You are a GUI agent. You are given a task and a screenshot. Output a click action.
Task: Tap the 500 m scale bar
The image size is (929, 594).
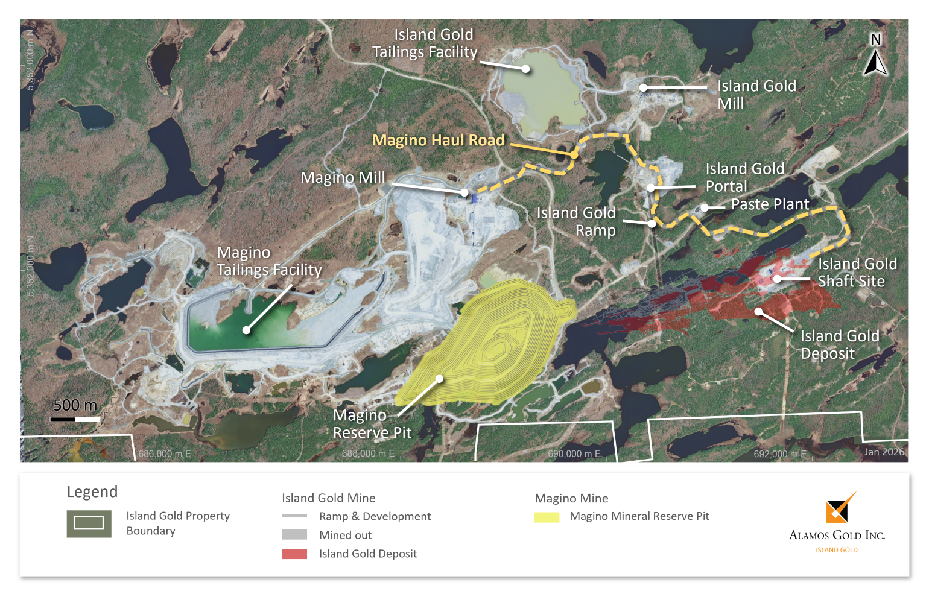pyautogui.click(x=75, y=419)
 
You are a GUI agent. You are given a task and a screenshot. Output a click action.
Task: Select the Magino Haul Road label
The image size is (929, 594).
pyautogui.click(x=438, y=141)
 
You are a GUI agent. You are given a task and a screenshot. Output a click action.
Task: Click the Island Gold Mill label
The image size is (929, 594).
pyautogui.click(x=756, y=95)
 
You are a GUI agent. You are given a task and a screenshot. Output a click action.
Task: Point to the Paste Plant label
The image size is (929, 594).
pyautogui.click(x=770, y=204)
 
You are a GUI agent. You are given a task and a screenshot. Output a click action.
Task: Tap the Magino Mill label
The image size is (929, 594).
pyautogui.click(x=343, y=178)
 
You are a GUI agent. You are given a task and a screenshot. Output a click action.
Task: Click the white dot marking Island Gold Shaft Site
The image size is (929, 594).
pyautogui.click(x=778, y=279)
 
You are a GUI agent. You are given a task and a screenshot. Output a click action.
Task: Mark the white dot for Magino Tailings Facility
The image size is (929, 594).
pyautogui.click(x=246, y=330)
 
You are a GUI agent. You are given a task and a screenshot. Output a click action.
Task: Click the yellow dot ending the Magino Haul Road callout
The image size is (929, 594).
pyautogui.click(x=574, y=155)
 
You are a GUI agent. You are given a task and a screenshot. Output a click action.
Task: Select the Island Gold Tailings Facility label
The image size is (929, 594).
pyautogui.click(x=425, y=43)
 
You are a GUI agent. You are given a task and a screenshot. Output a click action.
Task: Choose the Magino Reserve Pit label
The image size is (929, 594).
pyautogui.click(x=372, y=424)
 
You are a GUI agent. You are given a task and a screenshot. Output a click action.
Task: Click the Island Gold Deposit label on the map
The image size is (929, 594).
pyautogui.click(x=839, y=344)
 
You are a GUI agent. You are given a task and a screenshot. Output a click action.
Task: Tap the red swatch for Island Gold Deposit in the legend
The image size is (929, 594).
pyautogui.click(x=294, y=554)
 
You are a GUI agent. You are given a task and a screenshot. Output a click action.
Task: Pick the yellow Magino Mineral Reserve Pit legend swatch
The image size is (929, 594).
pyautogui.click(x=547, y=517)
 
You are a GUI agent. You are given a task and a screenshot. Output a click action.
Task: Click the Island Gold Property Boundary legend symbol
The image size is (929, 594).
pyautogui.click(x=89, y=523)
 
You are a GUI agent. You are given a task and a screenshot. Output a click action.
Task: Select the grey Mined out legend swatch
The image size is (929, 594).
pyautogui.click(x=294, y=535)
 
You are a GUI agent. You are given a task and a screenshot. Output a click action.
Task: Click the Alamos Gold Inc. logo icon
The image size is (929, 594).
pyautogui.click(x=839, y=508)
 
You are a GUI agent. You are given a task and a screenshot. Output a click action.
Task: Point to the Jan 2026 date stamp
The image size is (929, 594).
pyautogui.click(x=884, y=452)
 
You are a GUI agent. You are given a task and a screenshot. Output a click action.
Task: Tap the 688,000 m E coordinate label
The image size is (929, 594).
pyautogui.click(x=368, y=453)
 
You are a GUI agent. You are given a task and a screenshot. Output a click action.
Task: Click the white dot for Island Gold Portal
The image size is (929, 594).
pyautogui.click(x=651, y=188)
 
